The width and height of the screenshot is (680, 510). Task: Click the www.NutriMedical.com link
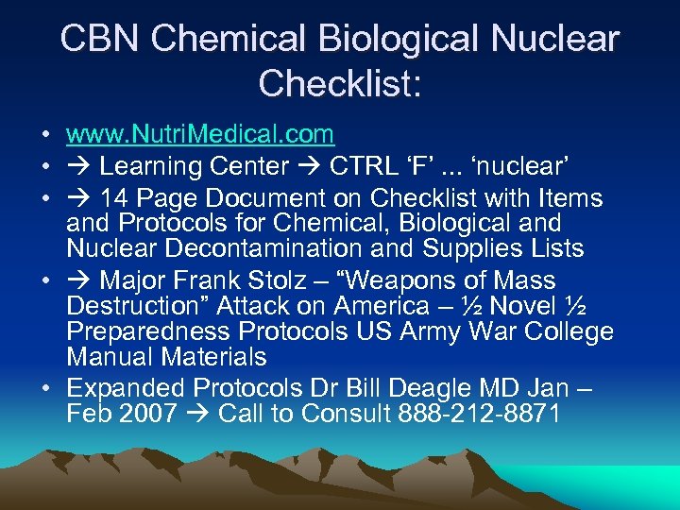click(x=200, y=135)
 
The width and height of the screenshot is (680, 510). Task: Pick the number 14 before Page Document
click(x=114, y=198)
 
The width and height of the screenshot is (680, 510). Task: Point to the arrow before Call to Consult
click(x=197, y=414)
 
